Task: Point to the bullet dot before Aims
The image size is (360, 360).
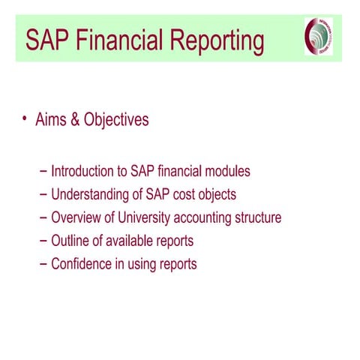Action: tap(24, 118)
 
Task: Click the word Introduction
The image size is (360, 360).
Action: tap(83, 172)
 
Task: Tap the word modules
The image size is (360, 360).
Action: tap(226, 172)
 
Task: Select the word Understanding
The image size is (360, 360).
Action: tap(91, 195)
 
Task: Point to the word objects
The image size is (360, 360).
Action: tap(216, 196)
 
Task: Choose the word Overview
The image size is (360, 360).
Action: tap(76, 218)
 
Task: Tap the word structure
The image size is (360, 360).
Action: tap(258, 218)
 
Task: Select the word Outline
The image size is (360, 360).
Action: tap(70, 241)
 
